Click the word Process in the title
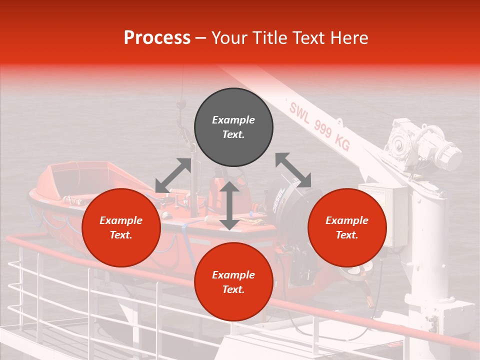(157, 38)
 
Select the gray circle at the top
(233, 127)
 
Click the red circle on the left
(121, 227)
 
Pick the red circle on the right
(347, 227)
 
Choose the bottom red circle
(233, 282)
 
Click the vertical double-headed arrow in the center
(229, 205)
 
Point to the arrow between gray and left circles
(173, 175)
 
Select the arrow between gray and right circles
(293, 170)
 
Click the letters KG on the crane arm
(342, 144)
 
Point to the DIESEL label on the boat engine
(279, 200)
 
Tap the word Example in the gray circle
(233, 120)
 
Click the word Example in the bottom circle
(233, 275)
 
